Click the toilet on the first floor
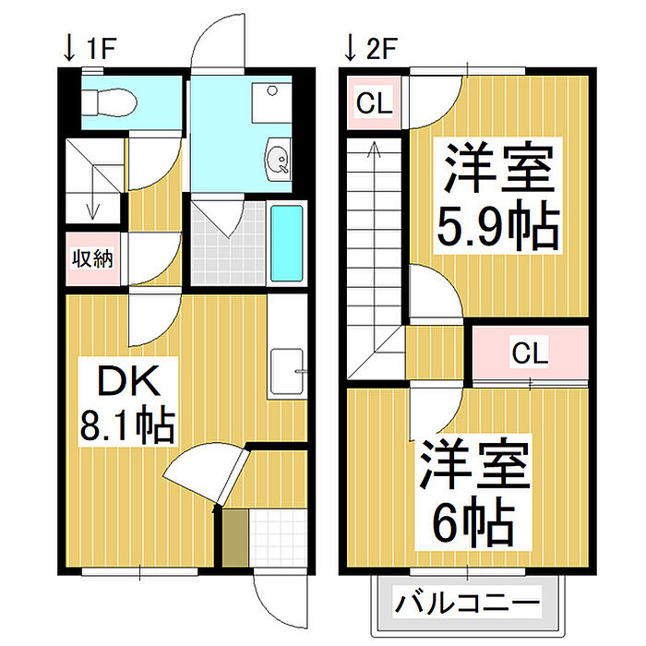tap(109, 103)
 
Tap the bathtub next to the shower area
tap(287, 243)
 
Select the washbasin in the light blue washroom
tap(279, 160)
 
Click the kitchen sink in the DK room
tap(287, 372)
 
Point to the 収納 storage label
tap(92, 258)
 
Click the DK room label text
tap(128, 381)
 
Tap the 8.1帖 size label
tap(127, 425)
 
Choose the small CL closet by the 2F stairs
tap(374, 102)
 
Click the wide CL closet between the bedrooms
tap(531, 353)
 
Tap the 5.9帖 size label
tap(498, 226)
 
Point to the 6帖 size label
tap(473, 522)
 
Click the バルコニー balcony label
tap(467, 604)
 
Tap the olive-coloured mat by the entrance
tap(235, 538)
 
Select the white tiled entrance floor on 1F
tap(278, 538)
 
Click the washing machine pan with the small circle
tap(272, 103)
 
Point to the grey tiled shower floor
tap(228, 244)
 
